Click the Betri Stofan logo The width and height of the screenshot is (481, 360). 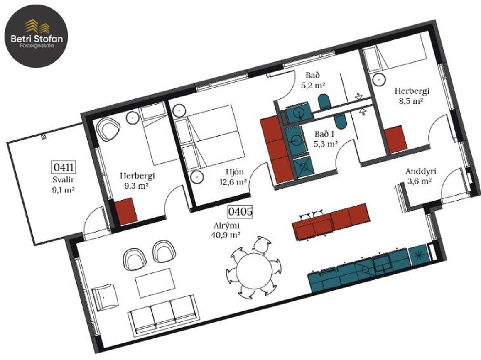coord(37,36)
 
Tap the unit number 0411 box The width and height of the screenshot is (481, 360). coord(63,167)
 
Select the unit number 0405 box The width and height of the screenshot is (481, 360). coord(240,212)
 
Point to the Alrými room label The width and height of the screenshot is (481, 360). coord(226,226)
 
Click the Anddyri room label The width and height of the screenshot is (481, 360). coord(421,172)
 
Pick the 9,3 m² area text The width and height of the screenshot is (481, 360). coord(137,186)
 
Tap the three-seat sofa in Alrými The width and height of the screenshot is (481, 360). coord(163,316)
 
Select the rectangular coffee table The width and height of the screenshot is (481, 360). coord(155,283)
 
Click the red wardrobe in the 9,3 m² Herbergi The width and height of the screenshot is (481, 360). coord(126,212)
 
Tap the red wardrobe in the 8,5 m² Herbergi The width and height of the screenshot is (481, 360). coord(396,140)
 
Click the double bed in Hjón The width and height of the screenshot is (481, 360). coord(212,137)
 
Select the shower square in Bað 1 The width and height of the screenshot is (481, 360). coord(303,167)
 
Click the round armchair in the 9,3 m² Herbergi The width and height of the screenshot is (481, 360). coord(108,129)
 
